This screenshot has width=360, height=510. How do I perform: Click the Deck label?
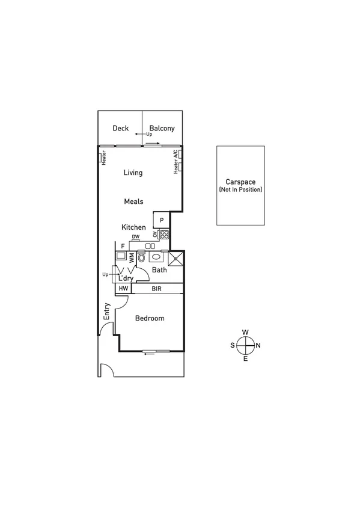click(x=120, y=128)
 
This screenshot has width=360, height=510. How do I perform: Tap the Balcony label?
click(x=162, y=128)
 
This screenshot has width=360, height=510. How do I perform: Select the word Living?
click(x=133, y=173)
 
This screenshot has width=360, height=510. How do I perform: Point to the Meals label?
click(x=133, y=201)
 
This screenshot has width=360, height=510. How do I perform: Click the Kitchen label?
click(x=133, y=227)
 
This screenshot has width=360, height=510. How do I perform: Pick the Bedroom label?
click(x=150, y=318)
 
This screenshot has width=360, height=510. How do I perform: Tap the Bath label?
click(x=159, y=270)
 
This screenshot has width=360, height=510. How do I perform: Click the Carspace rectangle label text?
click(x=240, y=182)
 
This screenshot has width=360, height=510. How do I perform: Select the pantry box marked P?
click(x=162, y=220)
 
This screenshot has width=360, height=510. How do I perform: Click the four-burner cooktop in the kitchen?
click(x=163, y=235)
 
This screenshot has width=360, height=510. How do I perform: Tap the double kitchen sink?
click(x=150, y=246)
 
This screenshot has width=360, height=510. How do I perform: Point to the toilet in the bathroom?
click(x=141, y=258)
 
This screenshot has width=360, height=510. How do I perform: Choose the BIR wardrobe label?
click(x=157, y=289)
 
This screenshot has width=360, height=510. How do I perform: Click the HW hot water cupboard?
click(x=123, y=289)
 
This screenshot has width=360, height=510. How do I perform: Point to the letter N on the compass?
click(x=258, y=345)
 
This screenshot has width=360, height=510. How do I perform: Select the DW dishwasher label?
click(x=136, y=238)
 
